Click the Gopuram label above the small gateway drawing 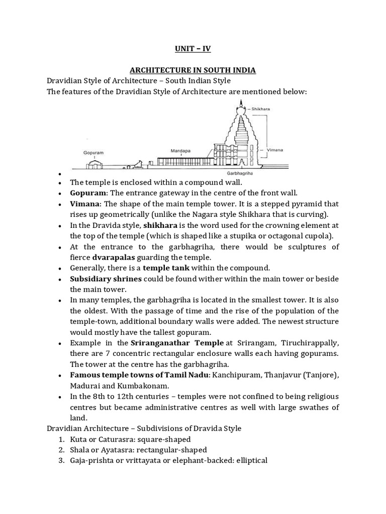click(x=93, y=150)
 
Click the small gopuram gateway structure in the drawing click(x=93, y=163)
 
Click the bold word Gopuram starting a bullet click(x=88, y=193)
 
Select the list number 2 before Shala click(x=61, y=450)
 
